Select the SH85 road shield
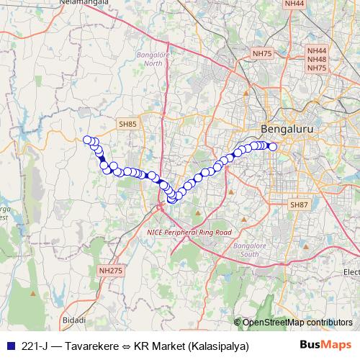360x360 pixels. coord(127,124)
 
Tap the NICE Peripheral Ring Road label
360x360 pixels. coord(189,233)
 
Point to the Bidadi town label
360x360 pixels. coord(75,319)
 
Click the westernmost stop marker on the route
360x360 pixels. coord(87,140)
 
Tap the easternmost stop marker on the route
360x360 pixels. coord(273,147)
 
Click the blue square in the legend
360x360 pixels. coord(9,346)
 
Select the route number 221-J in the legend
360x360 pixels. coord(36,346)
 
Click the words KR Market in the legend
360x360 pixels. coord(159,346)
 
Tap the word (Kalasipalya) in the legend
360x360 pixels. coord(219,346)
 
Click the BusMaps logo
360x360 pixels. coord(326,345)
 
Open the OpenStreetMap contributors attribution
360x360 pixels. coord(297,323)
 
